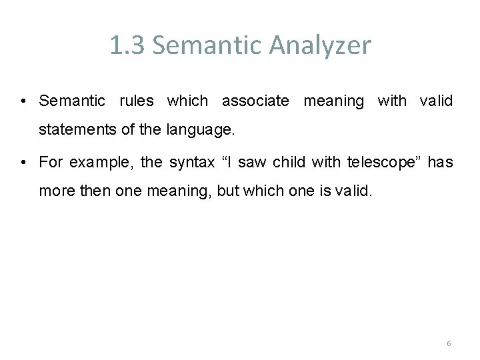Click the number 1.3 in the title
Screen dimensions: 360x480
pos(125,46)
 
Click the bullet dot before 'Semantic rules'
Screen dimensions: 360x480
pos(23,101)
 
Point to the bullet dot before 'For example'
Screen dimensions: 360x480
pos(23,163)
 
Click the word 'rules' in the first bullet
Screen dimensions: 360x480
pos(137,101)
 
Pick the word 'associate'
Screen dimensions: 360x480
pos(255,101)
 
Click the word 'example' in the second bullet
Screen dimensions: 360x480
pos(95,163)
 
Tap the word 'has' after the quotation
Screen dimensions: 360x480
pos(440,162)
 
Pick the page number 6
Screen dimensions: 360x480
pos(449,343)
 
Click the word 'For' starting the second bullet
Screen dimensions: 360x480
pos(50,162)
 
